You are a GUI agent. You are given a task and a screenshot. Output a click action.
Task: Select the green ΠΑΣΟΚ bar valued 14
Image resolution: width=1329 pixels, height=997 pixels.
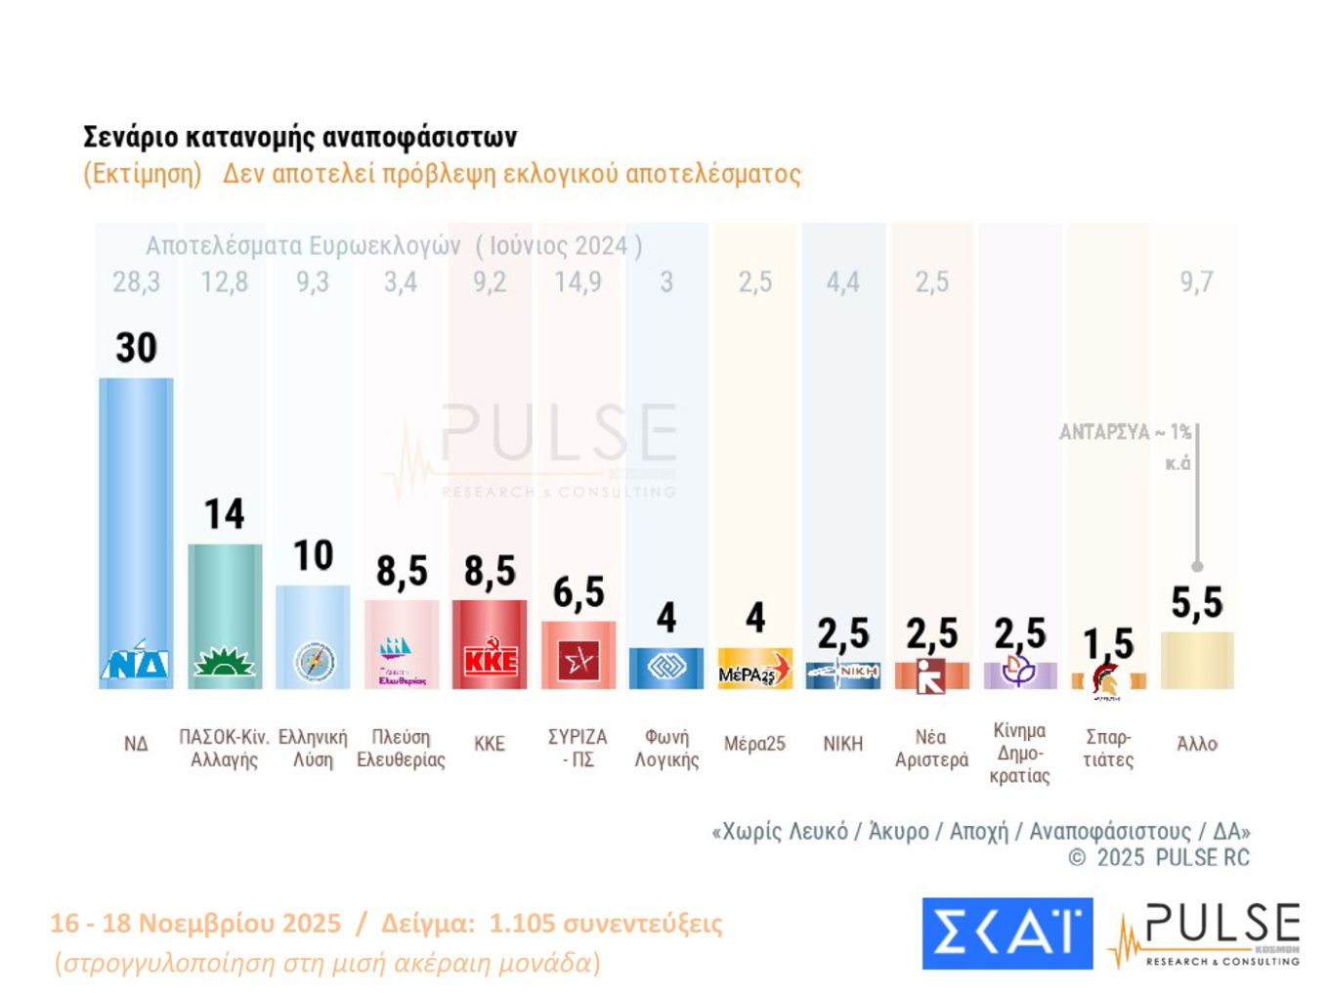coord(225,596)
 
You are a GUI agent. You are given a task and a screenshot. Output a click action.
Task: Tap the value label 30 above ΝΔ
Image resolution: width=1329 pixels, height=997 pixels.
coord(136,348)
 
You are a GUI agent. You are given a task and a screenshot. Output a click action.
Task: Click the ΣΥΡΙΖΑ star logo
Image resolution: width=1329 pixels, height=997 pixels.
coord(578,662)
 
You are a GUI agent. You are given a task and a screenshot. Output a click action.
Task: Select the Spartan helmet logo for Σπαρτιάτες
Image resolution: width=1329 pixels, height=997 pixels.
coord(1107,680)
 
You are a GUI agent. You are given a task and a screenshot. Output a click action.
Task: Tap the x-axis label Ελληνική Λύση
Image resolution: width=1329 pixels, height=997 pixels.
coord(313,749)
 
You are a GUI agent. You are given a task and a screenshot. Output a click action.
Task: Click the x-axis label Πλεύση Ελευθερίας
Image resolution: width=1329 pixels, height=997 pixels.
coord(401,749)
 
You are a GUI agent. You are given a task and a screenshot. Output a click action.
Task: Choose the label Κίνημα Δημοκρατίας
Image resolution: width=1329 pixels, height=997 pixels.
coord(1019,754)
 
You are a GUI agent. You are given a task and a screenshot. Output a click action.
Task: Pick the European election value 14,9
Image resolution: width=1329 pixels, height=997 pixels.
coord(578,282)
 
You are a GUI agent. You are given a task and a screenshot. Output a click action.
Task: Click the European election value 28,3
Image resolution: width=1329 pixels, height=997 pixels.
coord(136,282)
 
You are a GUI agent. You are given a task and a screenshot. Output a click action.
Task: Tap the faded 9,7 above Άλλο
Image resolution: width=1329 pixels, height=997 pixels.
coord(1196,282)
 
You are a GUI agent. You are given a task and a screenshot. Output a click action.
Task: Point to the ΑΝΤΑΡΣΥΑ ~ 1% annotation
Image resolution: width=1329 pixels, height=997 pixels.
coord(1125,432)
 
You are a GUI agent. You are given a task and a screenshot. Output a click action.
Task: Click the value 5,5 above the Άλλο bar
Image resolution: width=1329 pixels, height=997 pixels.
coord(1196,603)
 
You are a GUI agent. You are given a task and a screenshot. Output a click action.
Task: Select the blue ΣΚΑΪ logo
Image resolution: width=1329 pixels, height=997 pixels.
coord(1007,933)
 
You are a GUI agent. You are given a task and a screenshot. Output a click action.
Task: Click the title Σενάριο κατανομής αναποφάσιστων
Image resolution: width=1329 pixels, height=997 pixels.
coord(300,137)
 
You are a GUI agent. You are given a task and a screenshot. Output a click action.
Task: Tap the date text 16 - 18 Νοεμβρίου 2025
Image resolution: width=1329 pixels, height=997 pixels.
coord(195,924)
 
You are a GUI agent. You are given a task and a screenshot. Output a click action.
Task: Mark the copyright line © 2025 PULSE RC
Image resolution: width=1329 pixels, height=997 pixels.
coord(1158,858)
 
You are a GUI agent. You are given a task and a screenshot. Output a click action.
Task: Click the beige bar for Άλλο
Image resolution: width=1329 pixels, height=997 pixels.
coord(1196,661)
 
